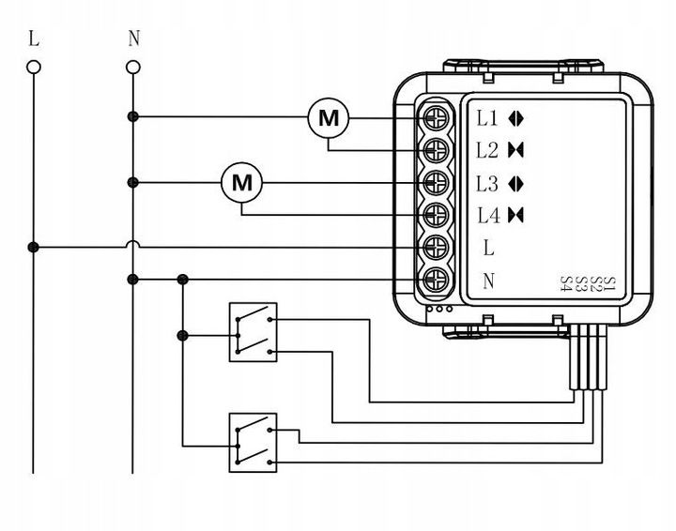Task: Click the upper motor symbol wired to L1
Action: [x=329, y=118]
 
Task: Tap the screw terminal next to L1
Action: [x=436, y=118]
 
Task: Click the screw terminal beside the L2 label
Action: [x=436, y=150]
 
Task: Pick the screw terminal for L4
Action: [x=436, y=215]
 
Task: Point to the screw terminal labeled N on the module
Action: [x=436, y=280]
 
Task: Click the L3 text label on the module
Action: [x=487, y=183]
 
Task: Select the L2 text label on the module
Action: [x=487, y=150]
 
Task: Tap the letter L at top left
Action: [x=35, y=39]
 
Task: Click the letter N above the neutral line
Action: [x=132, y=39]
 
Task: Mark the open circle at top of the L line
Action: [x=35, y=67]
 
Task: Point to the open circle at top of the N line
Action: [x=132, y=67]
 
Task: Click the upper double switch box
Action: [x=253, y=332]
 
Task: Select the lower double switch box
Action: [x=253, y=442]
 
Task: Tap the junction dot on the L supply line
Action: [x=35, y=247]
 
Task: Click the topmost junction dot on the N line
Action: [x=132, y=117]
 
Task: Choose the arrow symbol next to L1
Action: [x=515, y=119]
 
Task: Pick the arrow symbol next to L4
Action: [x=515, y=215]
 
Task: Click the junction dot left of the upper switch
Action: [x=182, y=334]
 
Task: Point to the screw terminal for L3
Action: [x=436, y=182]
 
